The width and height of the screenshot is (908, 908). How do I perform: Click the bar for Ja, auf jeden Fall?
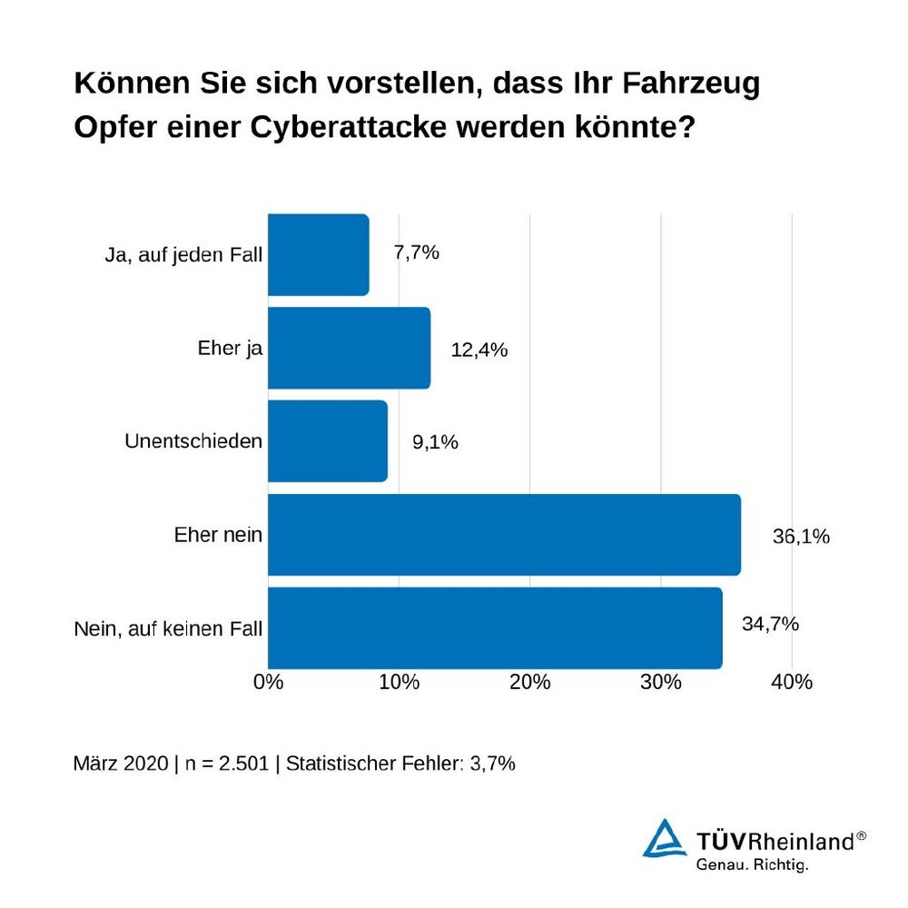318,255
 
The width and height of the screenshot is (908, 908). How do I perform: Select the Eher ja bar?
349,348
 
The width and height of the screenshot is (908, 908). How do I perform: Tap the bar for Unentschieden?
327,441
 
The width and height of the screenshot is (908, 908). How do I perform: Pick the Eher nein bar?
504,535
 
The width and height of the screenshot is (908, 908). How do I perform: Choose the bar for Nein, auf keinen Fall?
495,628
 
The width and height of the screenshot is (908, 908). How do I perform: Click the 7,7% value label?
416,253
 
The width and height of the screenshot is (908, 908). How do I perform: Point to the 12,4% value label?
479,350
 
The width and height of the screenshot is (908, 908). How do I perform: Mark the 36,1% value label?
801,537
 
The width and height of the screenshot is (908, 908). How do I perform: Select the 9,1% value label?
435,443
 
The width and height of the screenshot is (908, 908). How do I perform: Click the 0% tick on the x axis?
269,682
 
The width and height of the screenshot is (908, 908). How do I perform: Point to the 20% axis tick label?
530,682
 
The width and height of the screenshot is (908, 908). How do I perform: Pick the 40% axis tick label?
792,682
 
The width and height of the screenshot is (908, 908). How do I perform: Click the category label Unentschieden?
192,441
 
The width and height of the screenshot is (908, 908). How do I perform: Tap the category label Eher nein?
218,535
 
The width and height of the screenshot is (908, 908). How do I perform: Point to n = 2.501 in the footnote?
227,764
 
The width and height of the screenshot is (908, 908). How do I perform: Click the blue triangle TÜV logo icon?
665,838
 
